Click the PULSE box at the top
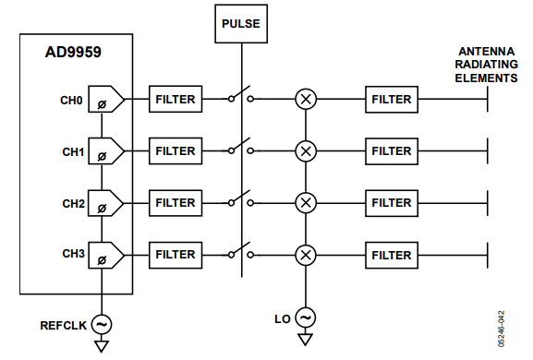click(x=242, y=24)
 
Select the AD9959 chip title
click(x=73, y=53)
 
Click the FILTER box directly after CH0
click(x=175, y=100)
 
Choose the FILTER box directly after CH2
click(x=175, y=202)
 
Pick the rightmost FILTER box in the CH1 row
click(x=391, y=150)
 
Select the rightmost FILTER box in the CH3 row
click(x=391, y=254)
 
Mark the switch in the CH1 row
click(x=240, y=149)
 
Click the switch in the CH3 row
click(x=240, y=252)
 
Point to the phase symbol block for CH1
click(x=103, y=151)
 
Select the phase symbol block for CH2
click(x=103, y=203)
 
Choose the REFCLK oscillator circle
click(x=102, y=324)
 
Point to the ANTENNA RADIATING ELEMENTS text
click(x=487, y=66)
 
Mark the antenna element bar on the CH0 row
click(x=487, y=100)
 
